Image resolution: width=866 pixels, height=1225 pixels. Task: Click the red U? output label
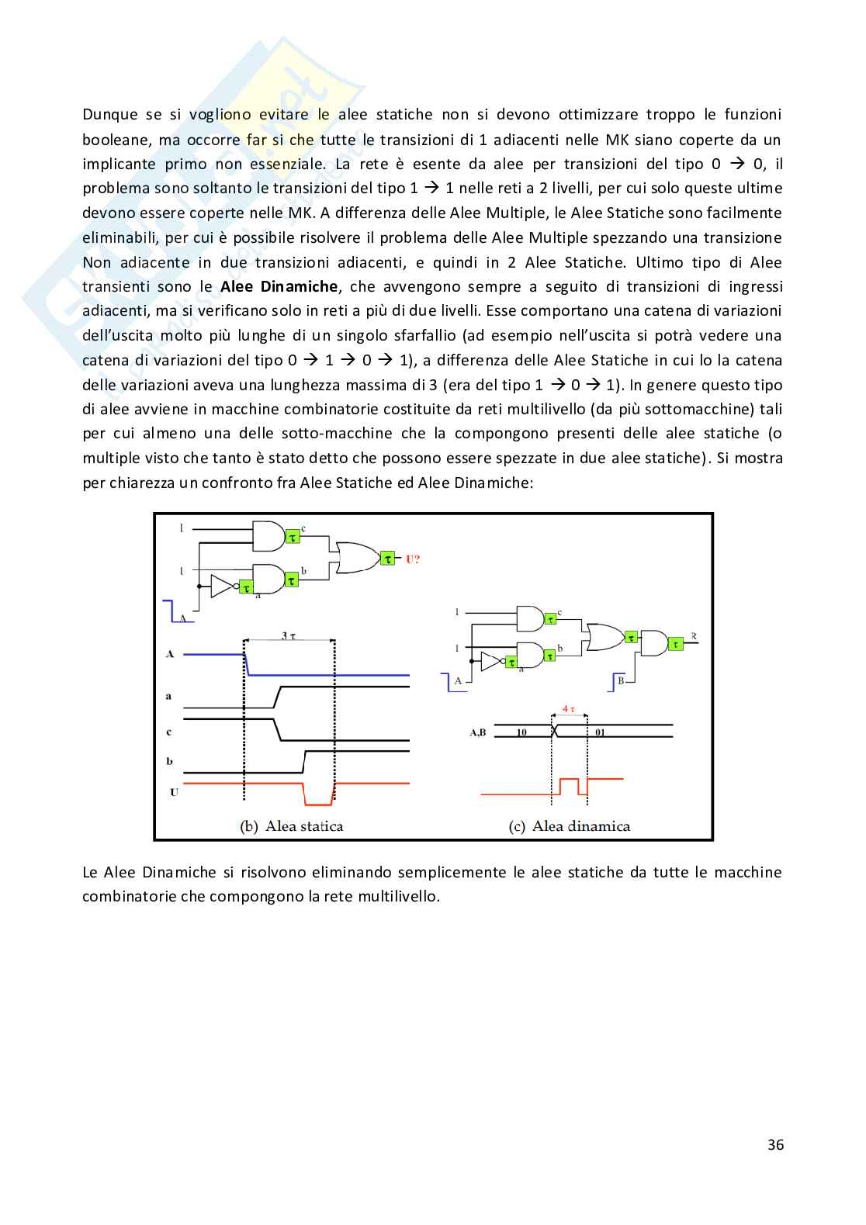click(x=412, y=559)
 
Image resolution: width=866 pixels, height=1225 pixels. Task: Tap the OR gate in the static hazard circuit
click(x=354, y=557)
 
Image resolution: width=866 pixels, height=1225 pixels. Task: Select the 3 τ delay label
click(x=289, y=635)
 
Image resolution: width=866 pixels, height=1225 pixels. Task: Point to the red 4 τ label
click(x=569, y=708)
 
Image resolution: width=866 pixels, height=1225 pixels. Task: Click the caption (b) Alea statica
click(x=292, y=826)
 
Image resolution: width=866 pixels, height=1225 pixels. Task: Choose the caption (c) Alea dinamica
click(x=570, y=826)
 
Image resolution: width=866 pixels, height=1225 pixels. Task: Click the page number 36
click(x=775, y=1144)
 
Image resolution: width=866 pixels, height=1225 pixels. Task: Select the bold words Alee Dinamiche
click(x=279, y=286)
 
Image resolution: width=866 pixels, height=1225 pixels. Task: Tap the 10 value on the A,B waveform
click(x=521, y=732)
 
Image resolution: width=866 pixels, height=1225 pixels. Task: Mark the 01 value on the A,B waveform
click(x=600, y=732)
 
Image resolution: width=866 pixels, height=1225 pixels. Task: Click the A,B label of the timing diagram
click(x=478, y=732)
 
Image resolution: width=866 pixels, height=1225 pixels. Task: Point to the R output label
click(x=694, y=637)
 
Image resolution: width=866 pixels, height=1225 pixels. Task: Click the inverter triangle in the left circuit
click(x=221, y=587)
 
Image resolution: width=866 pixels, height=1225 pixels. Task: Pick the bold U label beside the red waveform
click(x=174, y=792)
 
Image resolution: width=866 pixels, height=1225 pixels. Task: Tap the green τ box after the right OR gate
click(x=631, y=637)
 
